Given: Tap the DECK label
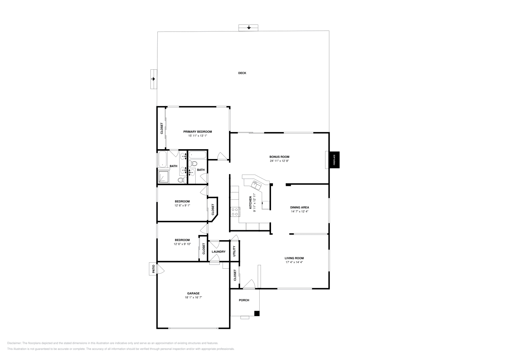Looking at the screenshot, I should pyautogui.click(x=242, y=73).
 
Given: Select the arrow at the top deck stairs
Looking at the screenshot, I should pyautogui.click(x=248, y=28).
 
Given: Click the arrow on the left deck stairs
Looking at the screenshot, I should pyautogui.click(x=153, y=79).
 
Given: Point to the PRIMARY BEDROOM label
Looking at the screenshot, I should pyautogui.click(x=197, y=132).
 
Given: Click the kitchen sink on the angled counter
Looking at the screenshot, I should pyautogui.click(x=256, y=184).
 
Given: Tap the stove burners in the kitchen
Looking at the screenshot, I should pyautogui.click(x=235, y=211).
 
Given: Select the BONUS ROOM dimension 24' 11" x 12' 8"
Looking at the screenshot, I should pyautogui.click(x=279, y=161).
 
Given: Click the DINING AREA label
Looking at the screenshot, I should pyautogui.click(x=299, y=207).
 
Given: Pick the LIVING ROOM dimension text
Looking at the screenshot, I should pyautogui.click(x=294, y=262).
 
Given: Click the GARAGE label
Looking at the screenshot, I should pyautogui.click(x=193, y=293).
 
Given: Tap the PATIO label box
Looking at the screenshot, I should pyautogui.click(x=153, y=269).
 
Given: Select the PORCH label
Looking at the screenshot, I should pyautogui.click(x=244, y=300).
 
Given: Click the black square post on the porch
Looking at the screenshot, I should pyautogui.click(x=257, y=314).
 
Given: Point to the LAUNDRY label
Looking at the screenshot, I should pyautogui.click(x=219, y=252).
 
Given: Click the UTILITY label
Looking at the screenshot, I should pyautogui.click(x=234, y=251).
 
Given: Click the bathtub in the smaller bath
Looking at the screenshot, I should pyautogui.click(x=198, y=155).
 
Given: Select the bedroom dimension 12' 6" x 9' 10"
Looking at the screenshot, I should pyautogui.click(x=182, y=244).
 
